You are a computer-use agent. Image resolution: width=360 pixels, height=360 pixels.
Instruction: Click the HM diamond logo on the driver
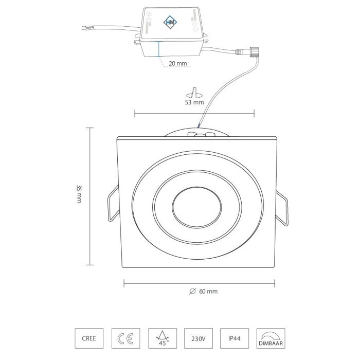point(170,22)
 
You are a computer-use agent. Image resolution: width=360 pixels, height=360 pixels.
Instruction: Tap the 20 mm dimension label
point(178,63)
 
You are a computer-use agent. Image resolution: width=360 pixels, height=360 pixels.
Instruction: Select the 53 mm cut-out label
point(194,102)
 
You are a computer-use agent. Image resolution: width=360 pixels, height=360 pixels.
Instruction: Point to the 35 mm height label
point(79,194)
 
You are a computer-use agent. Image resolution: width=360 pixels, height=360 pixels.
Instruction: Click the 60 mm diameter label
point(208,292)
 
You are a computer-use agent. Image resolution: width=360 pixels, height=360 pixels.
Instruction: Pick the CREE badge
point(89,338)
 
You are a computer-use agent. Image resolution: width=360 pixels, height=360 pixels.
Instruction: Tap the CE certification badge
point(125,338)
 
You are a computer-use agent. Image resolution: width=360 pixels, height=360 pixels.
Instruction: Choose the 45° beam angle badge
point(163,338)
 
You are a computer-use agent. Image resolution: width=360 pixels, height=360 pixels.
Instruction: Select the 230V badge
point(199,338)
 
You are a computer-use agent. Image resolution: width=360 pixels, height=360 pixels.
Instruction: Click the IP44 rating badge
point(235,338)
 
